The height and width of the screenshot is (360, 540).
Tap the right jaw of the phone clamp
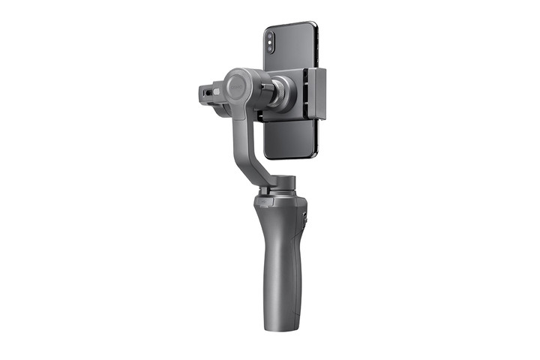[319, 93]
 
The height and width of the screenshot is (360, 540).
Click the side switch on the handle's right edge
[307, 219]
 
